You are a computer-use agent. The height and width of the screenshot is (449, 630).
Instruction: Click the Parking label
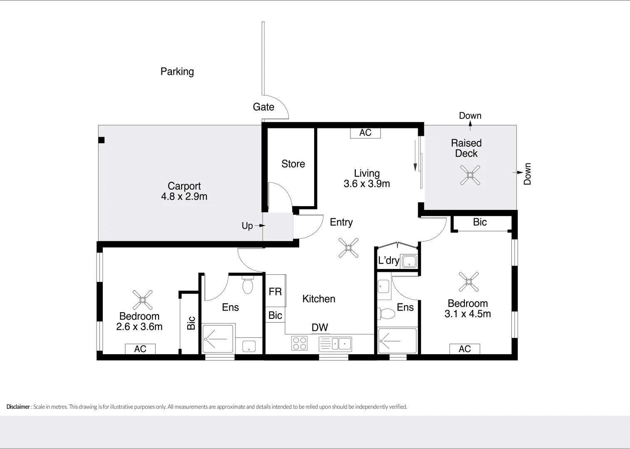177,72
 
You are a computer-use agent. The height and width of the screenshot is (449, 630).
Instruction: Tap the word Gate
263,107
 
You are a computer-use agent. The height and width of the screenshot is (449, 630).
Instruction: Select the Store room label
293,164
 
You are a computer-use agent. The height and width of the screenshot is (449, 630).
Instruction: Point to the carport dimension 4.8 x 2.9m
184,197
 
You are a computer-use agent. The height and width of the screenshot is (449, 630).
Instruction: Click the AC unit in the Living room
365,133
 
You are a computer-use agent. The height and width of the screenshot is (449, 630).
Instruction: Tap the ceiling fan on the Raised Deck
470,175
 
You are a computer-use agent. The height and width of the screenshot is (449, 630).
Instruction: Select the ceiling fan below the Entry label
348,248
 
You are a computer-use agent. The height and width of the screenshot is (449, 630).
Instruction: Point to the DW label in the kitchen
320,328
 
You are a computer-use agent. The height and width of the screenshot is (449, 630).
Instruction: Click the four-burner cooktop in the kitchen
299,343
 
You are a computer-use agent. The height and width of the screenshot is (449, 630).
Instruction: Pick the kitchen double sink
335,344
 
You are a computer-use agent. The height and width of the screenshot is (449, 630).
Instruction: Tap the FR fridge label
275,292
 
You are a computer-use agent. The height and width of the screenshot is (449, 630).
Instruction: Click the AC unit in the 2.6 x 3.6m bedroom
140,349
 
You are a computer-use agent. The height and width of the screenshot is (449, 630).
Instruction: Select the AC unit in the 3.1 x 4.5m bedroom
464,349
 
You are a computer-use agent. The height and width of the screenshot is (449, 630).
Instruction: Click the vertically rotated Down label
527,174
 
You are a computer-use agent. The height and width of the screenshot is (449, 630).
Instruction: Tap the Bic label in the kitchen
275,316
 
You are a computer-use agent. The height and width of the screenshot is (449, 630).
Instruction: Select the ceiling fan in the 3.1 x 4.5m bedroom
469,282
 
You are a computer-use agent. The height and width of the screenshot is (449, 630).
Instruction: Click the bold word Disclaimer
18,407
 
